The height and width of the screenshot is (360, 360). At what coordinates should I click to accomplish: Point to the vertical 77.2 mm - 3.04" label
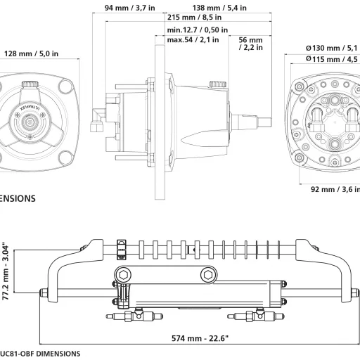tap(6, 271)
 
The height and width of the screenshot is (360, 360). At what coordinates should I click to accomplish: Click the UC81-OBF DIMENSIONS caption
tap(39, 354)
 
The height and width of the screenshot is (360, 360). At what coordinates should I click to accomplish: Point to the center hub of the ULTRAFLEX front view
tap(32, 122)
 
